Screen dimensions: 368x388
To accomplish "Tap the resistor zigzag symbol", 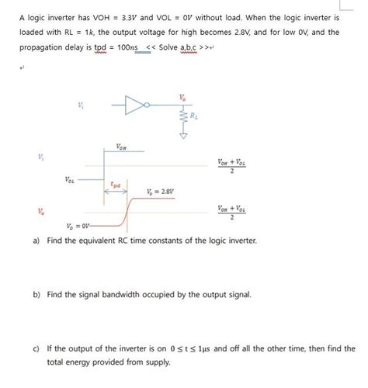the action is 184,117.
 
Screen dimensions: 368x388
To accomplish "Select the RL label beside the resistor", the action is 198,117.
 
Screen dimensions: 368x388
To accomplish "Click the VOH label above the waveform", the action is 121,147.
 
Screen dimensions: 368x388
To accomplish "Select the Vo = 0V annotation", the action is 78,225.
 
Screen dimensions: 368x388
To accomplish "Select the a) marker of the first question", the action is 36,241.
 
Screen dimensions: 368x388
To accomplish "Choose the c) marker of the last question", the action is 36,348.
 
